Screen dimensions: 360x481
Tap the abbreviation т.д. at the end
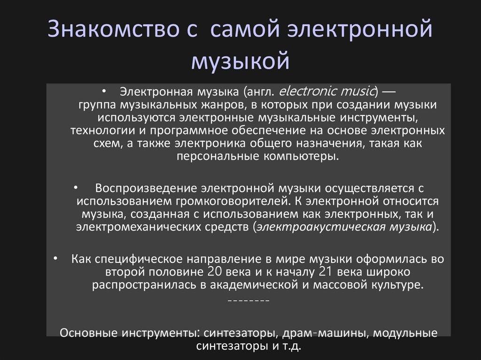tap(291, 347)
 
